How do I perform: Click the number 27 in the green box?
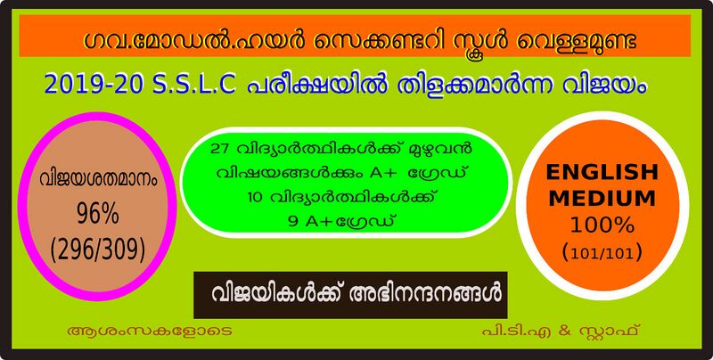(x=214, y=147)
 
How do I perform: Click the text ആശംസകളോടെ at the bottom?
(x=135, y=331)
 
